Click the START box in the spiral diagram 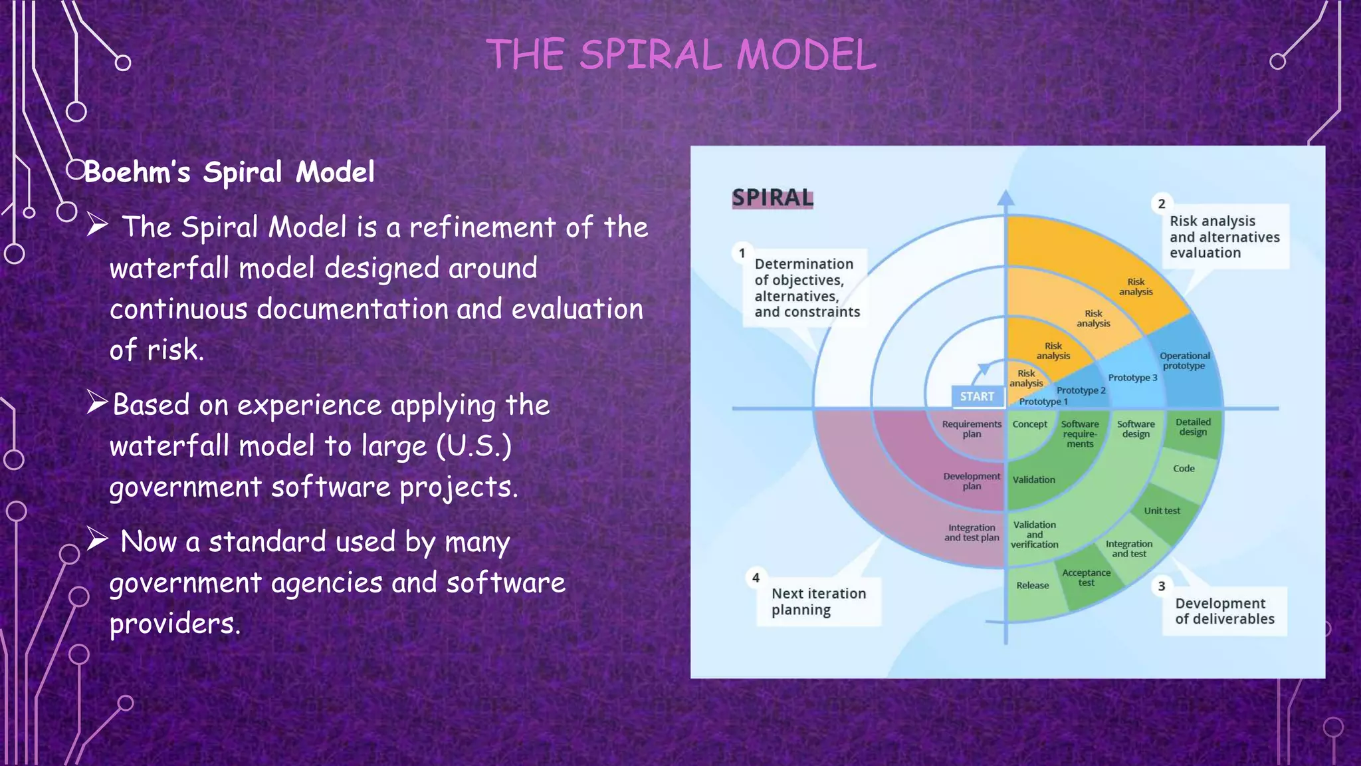click(x=977, y=396)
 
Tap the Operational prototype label click(x=1184, y=361)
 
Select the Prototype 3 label click(x=1132, y=378)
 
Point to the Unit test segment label click(x=1162, y=511)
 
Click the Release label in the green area click(x=1032, y=585)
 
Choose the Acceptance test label click(x=1086, y=577)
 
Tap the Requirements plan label click(x=972, y=429)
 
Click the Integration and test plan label click(x=972, y=533)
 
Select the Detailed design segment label click(x=1193, y=427)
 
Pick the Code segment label click(x=1184, y=468)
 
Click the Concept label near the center click(x=1029, y=424)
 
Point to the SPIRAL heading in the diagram click(x=772, y=197)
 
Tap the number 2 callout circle click(x=1161, y=204)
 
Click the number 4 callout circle click(x=756, y=578)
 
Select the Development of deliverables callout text click(x=1224, y=611)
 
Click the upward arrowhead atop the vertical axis click(x=1005, y=197)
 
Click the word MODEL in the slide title click(x=806, y=55)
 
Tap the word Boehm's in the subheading click(x=137, y=172)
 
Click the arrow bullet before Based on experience click(x=97, y=402)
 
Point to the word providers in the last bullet click(x=174, y=624)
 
